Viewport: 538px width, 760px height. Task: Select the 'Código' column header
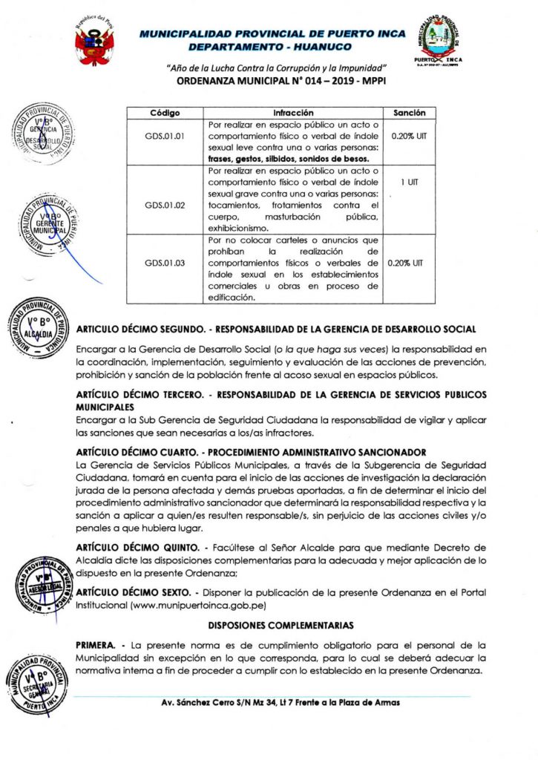165,113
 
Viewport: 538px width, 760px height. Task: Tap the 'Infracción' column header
293,113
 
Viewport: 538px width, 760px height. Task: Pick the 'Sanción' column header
409,113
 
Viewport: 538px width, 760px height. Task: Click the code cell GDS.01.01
165,137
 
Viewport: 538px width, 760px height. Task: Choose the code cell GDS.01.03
165,262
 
